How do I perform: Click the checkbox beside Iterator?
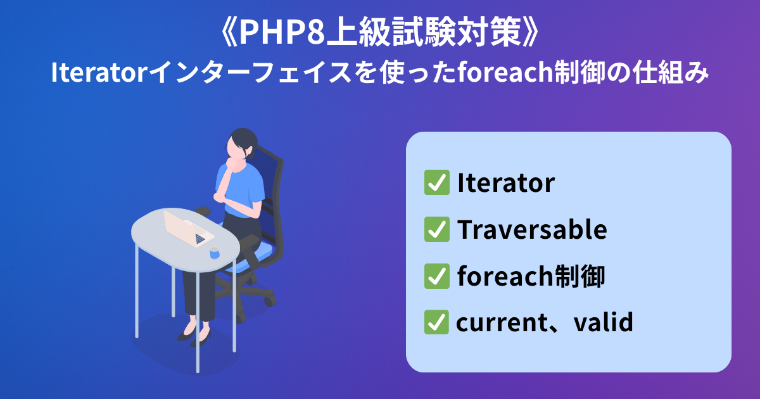point(437,182)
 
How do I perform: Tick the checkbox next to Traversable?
point(437,229)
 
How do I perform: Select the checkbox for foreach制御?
point(437,276)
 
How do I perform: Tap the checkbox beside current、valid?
point(436,322)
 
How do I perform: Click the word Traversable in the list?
point(532,229)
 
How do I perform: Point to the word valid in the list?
point(603,322)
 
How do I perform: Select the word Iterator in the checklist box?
point(506,183)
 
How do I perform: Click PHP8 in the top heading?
point(282,32)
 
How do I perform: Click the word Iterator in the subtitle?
point(99,72)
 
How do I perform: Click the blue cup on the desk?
point(215,253)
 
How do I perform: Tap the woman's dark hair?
point(244,142)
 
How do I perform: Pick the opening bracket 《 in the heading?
point(229,32)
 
